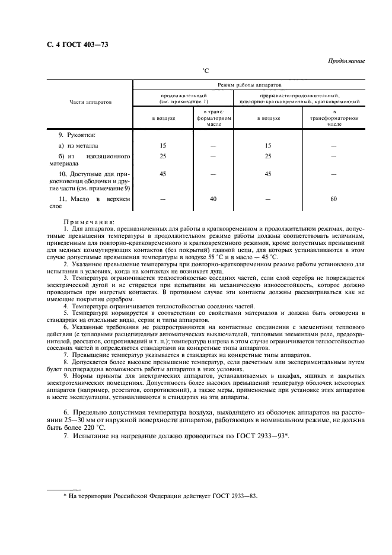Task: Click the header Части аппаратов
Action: pos(91,102)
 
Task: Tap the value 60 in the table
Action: pos(333,200)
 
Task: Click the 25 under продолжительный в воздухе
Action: pos(163,156)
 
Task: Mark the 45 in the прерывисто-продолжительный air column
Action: pos(268,174)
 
